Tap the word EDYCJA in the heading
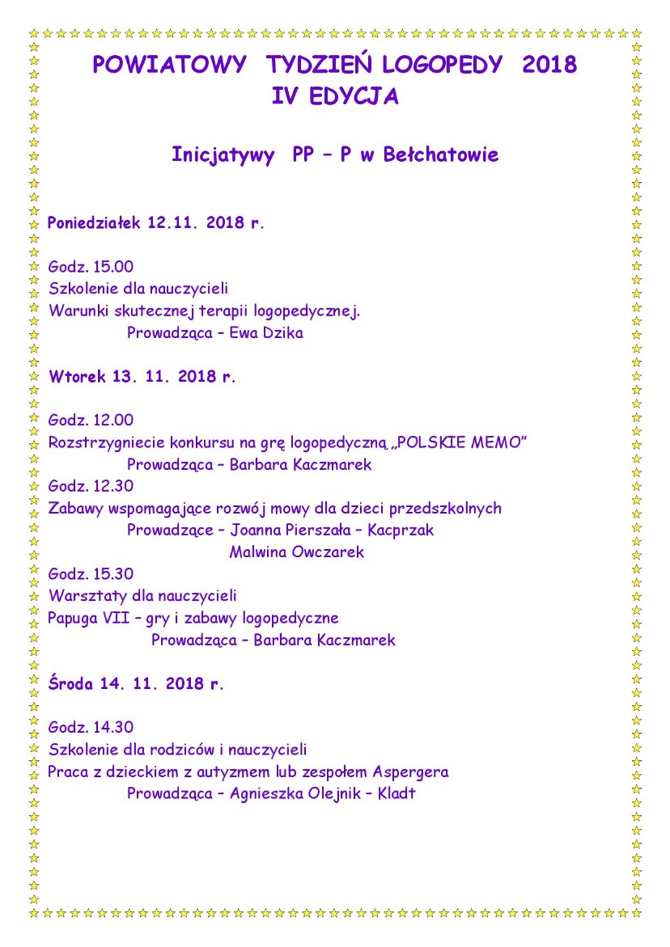[358, 96]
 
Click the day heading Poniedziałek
[94, 222]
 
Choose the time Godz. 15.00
[91, 267]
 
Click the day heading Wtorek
[76, 376]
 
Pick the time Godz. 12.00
[91, 421]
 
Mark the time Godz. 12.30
[91, 486]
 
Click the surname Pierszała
[323, 531]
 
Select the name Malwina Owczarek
[296, 552]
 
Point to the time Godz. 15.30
[91, 574]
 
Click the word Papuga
[74, 618]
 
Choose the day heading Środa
[71, 683]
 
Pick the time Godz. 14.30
[91, 727]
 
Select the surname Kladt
[396, 793]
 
